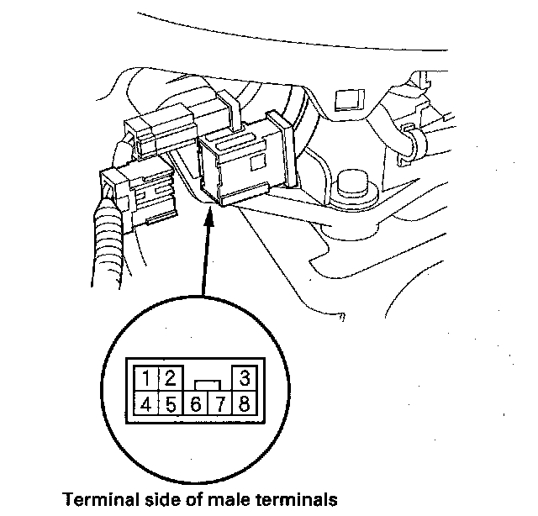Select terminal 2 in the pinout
tap(169, 376)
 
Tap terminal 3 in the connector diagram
tap(244, 376)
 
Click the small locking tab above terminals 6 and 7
tap(207, 383)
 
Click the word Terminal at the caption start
tap(96, 500)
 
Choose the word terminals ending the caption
tap(298, 500)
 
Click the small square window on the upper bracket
tap(345, 100)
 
